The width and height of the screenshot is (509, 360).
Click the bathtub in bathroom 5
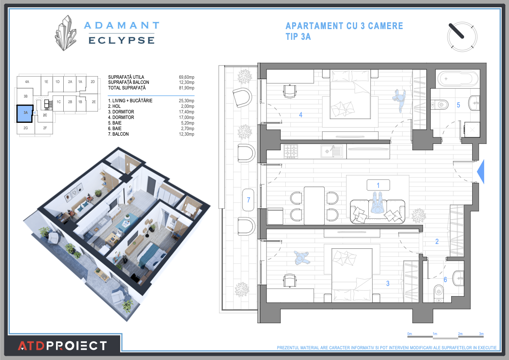point(457,79)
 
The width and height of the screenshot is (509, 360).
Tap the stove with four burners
point(291,151)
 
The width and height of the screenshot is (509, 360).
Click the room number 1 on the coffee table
point(378,185)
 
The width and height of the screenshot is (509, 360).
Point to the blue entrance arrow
point(480,172)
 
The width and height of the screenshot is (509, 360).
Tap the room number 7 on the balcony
point(248,199)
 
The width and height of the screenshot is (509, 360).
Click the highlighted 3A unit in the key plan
point(25,113)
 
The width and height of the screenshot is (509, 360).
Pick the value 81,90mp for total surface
point(186,88)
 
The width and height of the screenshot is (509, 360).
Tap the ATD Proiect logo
point(62,345)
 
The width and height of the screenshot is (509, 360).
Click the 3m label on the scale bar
point(481,333)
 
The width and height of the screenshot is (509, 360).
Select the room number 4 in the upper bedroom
point(301,115)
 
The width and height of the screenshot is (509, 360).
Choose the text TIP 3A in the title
point(298,37)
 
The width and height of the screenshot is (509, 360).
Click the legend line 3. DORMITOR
point(121,112)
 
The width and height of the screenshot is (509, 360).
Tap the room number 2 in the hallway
point(437,241)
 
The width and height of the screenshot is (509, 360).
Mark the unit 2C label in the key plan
point(45,115)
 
